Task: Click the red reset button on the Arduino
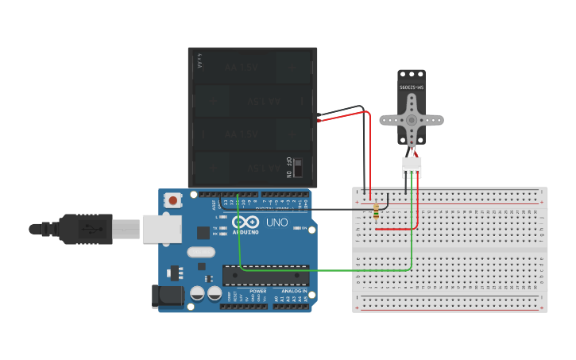point(173,201)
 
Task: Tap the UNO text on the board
point(277,222)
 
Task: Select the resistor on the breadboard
point(376,210)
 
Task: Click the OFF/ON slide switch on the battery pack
point(298,168)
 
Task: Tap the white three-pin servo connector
point(412,167)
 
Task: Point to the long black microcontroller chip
point(265,275)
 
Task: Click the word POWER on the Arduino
point(258,292)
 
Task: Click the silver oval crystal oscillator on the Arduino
point(201,253)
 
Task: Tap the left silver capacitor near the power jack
point(197,294)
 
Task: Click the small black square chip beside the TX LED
point(203,233)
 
